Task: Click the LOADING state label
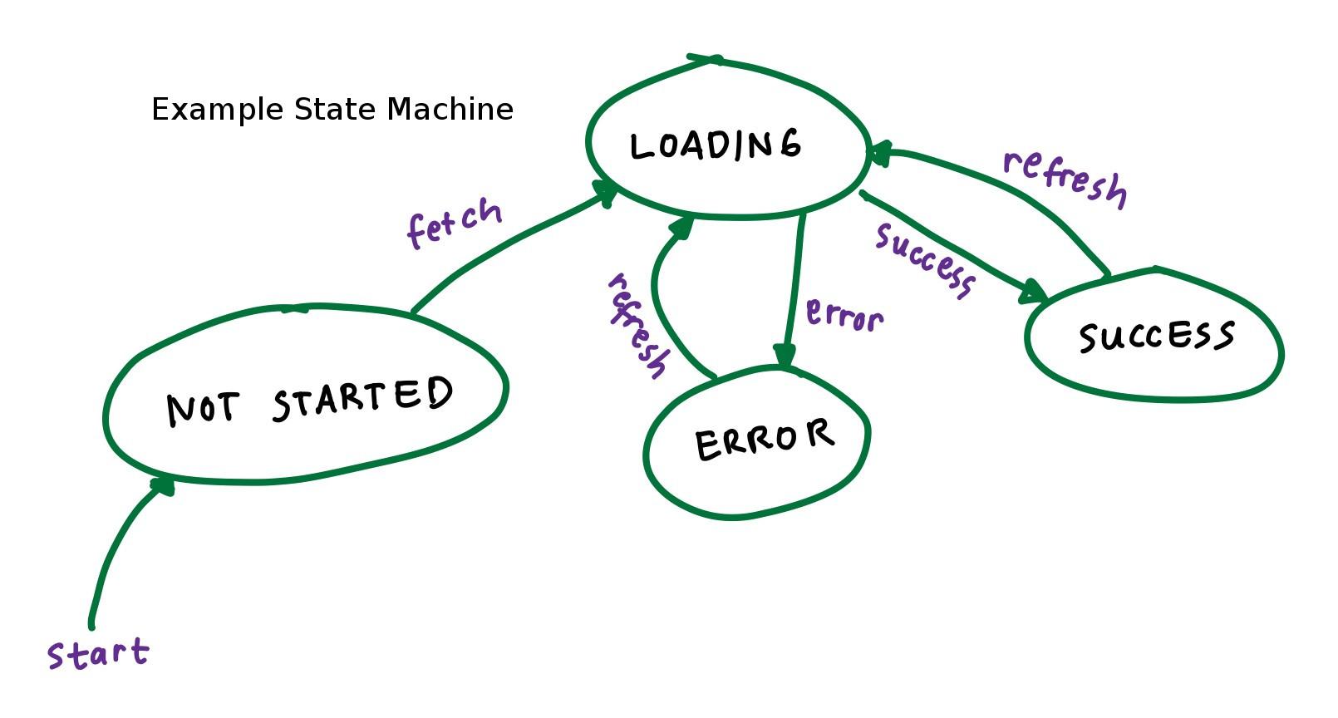(x=716, y=146)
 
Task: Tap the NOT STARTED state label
(x=310, y=401)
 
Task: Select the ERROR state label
(x=765, y=440)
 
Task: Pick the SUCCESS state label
(x=1156, y=337)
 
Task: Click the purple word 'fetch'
(x=455, y=223)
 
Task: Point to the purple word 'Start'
(x=98, y=654)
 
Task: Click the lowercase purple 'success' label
(x=925, y=259)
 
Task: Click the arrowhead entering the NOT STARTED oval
(x=163, y=485)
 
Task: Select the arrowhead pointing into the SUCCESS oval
(x=1035, y=293)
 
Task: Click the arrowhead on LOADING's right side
(x=877, y=153)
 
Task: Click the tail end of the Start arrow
(x=91, y=625)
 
